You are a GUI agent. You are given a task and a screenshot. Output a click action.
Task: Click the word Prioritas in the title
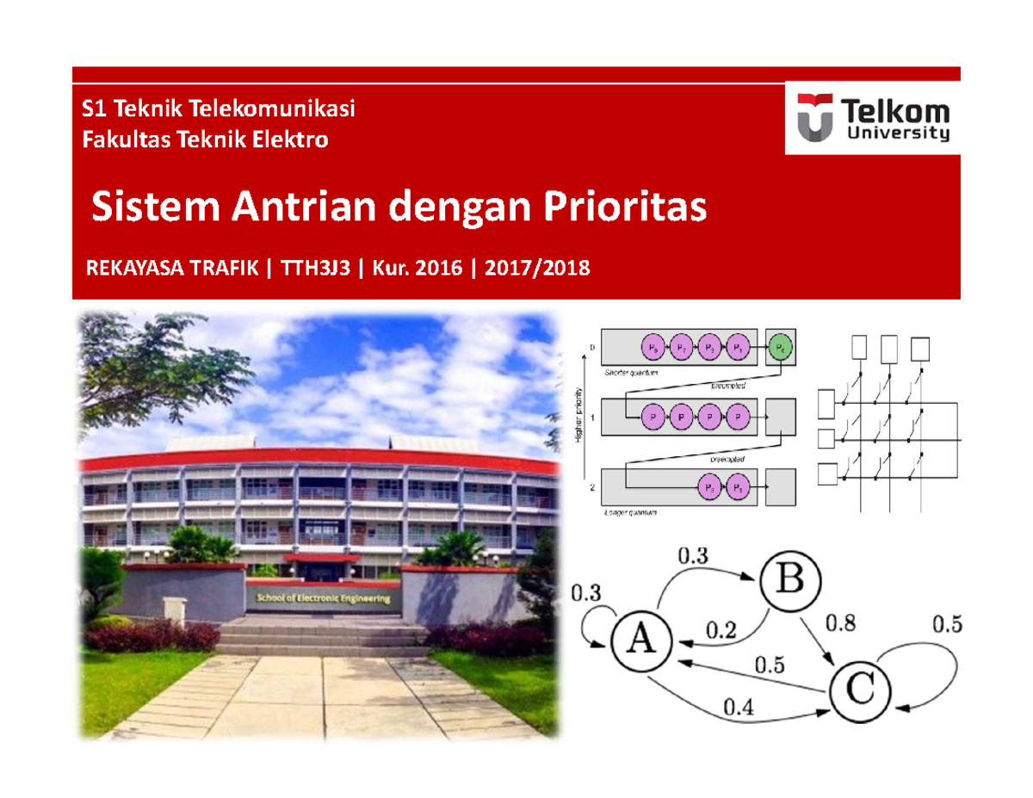point(622,207)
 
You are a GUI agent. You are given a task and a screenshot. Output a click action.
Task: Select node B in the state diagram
point(789,581)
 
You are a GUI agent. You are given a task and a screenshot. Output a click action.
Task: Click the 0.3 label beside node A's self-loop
point(586,592)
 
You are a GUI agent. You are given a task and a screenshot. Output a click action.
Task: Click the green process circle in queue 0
point(781,348)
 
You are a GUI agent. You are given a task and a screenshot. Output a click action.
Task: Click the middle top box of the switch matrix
point(890,348)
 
